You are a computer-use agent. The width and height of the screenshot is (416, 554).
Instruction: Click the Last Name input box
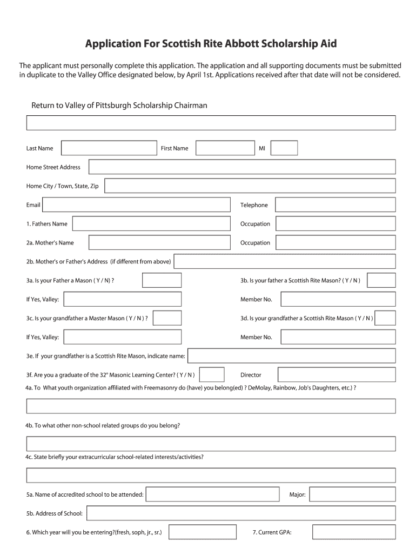pyautogui.click(x=109, y=148)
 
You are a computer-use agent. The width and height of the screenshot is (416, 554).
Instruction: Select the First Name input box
pyautogui.click(x=225, y=148)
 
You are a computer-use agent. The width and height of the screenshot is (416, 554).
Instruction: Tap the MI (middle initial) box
pyautogui.click(x=284, y=148)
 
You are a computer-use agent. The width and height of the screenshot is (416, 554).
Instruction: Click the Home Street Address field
pyautogui.click(x=242, y=167)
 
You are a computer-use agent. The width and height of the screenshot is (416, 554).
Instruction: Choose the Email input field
pyautogui.click(x=136, y=205)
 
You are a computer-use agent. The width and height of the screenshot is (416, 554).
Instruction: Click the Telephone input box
pyautogui.click(x=335, y=205)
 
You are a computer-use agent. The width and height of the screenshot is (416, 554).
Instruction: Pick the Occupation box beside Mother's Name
pyautogui.click(x=335, y=243)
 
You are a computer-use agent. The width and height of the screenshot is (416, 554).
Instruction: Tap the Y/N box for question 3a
pyautogui.click(x=162, y=280)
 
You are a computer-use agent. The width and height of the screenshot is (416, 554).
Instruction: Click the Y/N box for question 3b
pyautogui.click(x=381, y=280)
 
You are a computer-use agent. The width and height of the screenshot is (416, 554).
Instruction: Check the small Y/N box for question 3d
pyautogui.click(x=385, y=318)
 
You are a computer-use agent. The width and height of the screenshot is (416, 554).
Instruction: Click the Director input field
pyautogui.click(x=337, y=375)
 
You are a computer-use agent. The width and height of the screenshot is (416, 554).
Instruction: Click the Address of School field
pyautogui.click(x=241, y=513)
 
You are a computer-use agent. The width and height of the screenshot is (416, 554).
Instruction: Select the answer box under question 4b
pyautogui.click(x=211, y=444)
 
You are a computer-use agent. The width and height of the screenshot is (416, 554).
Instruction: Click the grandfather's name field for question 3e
pyautogui.click(x=291, y=355)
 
